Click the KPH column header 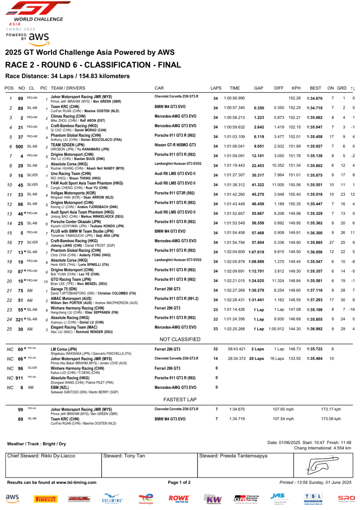coord(296,88)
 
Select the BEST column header coord(315,88)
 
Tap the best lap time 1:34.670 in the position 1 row coord(315,98)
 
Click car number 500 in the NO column coord(19,146)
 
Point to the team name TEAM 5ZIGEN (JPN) coord(67,145)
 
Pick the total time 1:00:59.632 coord(234,127)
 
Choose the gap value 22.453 coord(258,165)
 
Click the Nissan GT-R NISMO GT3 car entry coord(175,145)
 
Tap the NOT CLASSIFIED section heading coord(180,339)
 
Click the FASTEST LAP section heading coord(180,400)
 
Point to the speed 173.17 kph coord(331,409)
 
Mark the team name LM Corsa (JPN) coord(64,349)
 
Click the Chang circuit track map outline coord(322,465)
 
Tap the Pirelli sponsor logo coord(46,499)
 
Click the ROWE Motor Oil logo coord(179,499)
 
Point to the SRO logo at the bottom coord(346,499)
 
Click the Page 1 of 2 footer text coord(179,482)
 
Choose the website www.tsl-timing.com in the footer coord(76,482)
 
